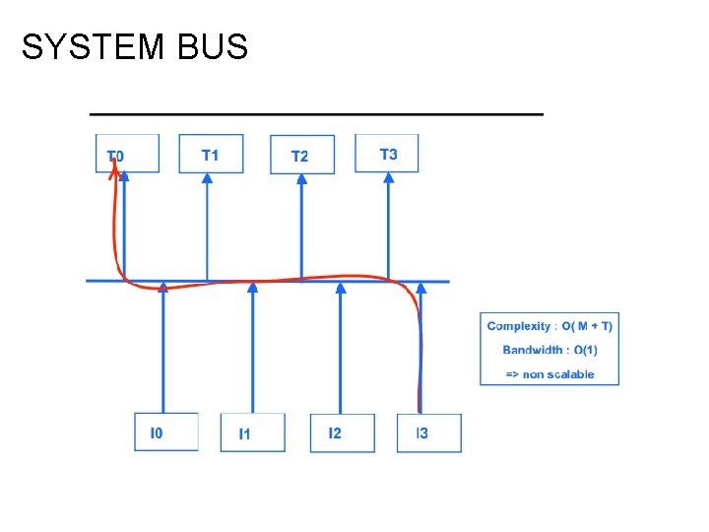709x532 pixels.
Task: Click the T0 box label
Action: (x=116, y=156)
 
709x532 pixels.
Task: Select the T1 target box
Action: (x=211, y=154)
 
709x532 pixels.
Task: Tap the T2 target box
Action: (x=301, y=155)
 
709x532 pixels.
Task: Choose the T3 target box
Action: (x=387, y=153)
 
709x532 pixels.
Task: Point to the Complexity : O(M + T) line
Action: (x=549, y=327)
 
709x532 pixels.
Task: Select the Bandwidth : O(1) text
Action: (x=549, y=350)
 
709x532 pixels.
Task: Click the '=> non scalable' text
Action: (x=549, y=373)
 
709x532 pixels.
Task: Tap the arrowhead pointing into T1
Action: (x=207, y=178)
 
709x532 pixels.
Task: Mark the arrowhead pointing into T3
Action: (x=388, y=178)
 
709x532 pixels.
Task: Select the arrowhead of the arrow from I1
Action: (x=253, y=288)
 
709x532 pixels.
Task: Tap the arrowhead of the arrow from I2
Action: (x=341, y=288)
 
